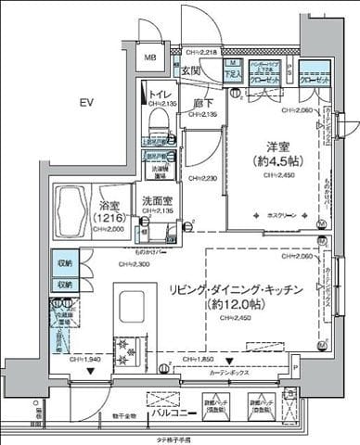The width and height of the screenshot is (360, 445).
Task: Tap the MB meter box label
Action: (x=149, y=58)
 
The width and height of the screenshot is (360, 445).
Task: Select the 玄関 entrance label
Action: (x=191, y=70)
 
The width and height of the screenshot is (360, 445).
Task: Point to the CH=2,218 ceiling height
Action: (x=201, y=53)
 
